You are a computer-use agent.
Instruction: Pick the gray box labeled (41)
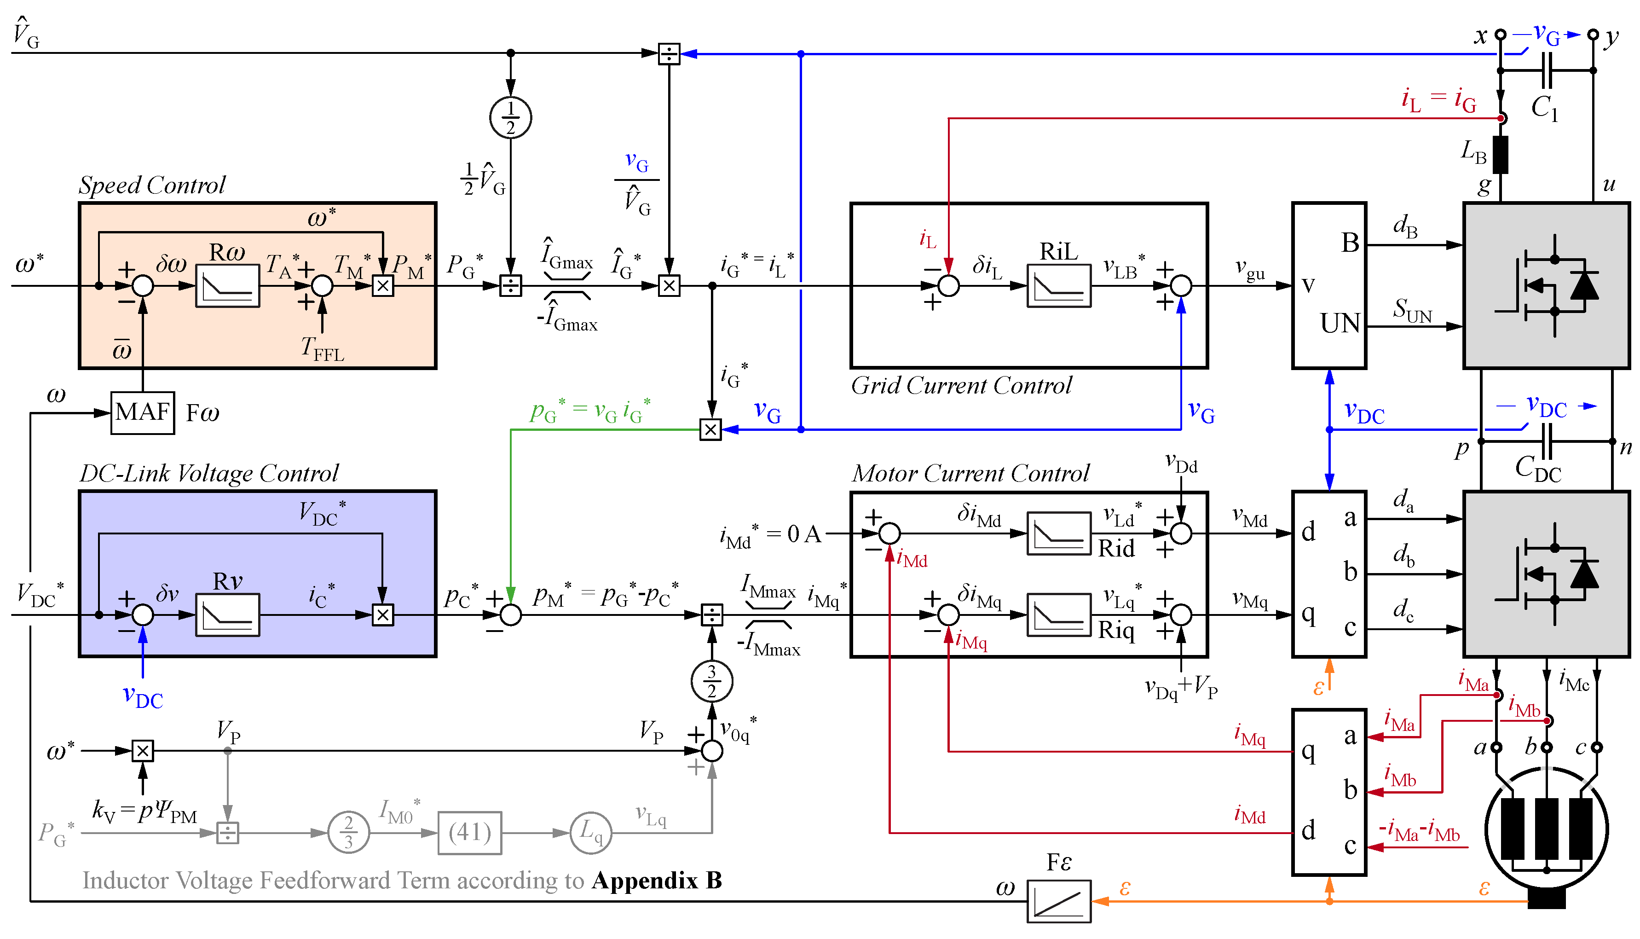pyautogui.click(x=469, y=833)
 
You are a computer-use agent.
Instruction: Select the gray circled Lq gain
pyautogui.click(x=590, y=833)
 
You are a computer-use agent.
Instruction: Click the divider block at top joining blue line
pyautogui.click(x=669, y=53)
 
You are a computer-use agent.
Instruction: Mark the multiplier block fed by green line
pyautogui.click(x=710, y=429)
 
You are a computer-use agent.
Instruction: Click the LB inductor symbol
pyautogui.click(x=1500, y=155)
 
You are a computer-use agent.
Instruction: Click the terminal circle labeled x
pyautogui.click(x=1500, y=34)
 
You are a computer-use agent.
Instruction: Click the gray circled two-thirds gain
pyautogui.click(x=348, y=833)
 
